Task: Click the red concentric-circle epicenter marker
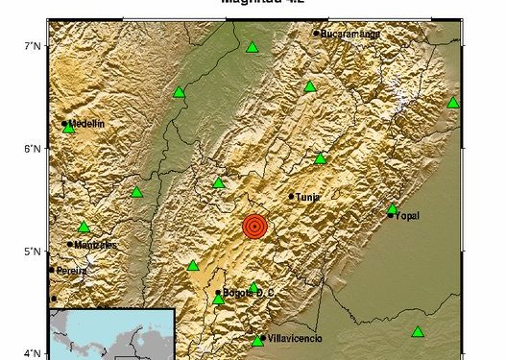click(x=254, y=226)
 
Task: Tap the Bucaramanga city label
click(x=351, y=34)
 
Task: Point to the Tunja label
click(x=308, y=196)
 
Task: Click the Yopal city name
click(x=408, y=215)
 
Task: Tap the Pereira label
click(x=71, y=271)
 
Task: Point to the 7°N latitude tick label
click(x=33, y=46)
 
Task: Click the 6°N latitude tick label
click(x=33, y=149)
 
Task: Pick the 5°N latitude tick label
click(x=33, y=252)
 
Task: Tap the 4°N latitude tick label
click(x=33, y=353)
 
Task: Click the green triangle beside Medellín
click(x=69, y=129)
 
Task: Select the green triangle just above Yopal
click(x=392, y=208)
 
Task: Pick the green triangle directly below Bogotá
click(x=218, y=300)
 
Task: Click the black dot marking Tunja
click(x=292, y=196)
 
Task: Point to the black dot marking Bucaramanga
click(x=316, y=34)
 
